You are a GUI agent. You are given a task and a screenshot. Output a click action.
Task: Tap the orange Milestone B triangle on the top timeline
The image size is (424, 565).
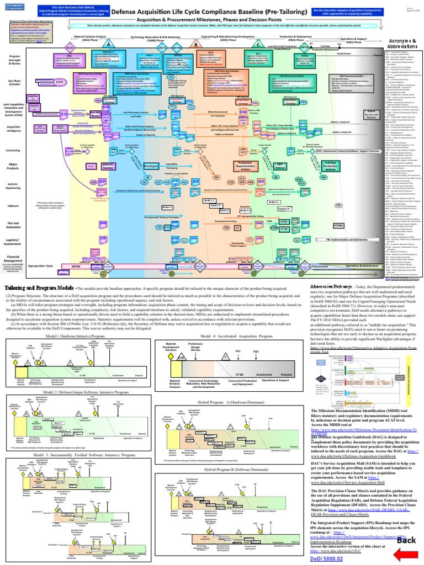(x=195, y=45)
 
